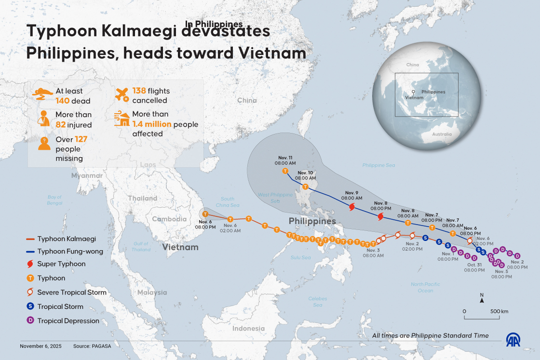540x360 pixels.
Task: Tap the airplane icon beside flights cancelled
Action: point(121,95)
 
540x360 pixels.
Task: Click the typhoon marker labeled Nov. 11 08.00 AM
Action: point(285,171)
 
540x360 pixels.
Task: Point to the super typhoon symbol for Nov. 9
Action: point(351,207)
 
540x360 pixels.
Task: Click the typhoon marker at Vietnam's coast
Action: point(206,214)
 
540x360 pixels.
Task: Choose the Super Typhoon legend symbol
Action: point(30,264)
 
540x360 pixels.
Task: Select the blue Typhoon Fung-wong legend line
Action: point(30,252)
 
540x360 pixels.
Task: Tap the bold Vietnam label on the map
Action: point(180,247)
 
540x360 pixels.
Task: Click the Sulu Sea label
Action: point(300,258)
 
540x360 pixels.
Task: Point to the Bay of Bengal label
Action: point(55,200)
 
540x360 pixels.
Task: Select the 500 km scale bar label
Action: point(499,311)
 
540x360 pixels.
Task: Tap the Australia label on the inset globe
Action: point(442,134)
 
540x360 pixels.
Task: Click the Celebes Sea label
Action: point(318,302)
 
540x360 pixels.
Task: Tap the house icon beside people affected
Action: point(121,120)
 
